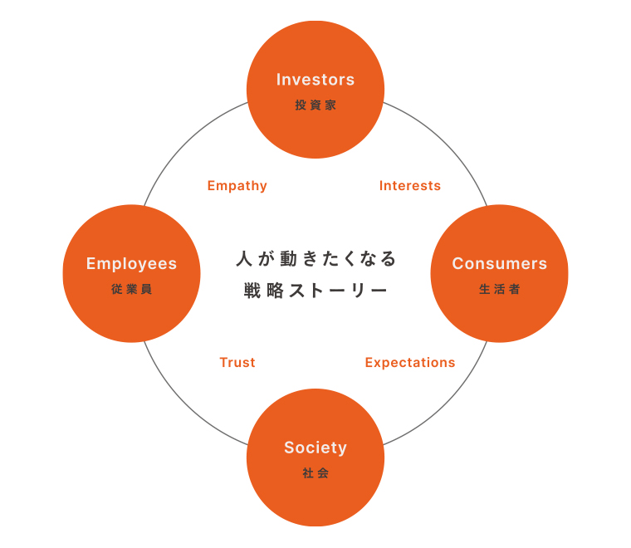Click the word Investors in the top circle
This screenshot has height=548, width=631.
(x=315, y=80)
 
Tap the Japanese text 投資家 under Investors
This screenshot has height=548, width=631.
(x=315, y=105)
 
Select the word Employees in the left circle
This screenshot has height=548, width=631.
(x=131, y=264)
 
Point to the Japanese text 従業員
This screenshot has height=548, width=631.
(x=131, y=290)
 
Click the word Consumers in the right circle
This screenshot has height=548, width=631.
(x=499, y=264)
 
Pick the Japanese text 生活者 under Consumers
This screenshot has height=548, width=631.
(x=499, y=290)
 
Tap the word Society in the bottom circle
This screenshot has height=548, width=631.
(x=315, y=448)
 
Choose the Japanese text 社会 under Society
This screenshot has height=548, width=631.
(x=315, y=473)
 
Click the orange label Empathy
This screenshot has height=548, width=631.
(x=237, y=186)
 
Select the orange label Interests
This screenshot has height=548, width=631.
(x=410, y=186)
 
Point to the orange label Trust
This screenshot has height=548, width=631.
(x=237, y=363)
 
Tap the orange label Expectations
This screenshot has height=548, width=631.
(x=410, y=363)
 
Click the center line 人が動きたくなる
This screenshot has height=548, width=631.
(x=315, y=258)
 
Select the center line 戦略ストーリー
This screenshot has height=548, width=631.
(x=315, y=291)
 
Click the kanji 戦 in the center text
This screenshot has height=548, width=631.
(x=252, y=291)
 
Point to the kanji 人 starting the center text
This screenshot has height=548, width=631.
(x=242, y=258)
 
